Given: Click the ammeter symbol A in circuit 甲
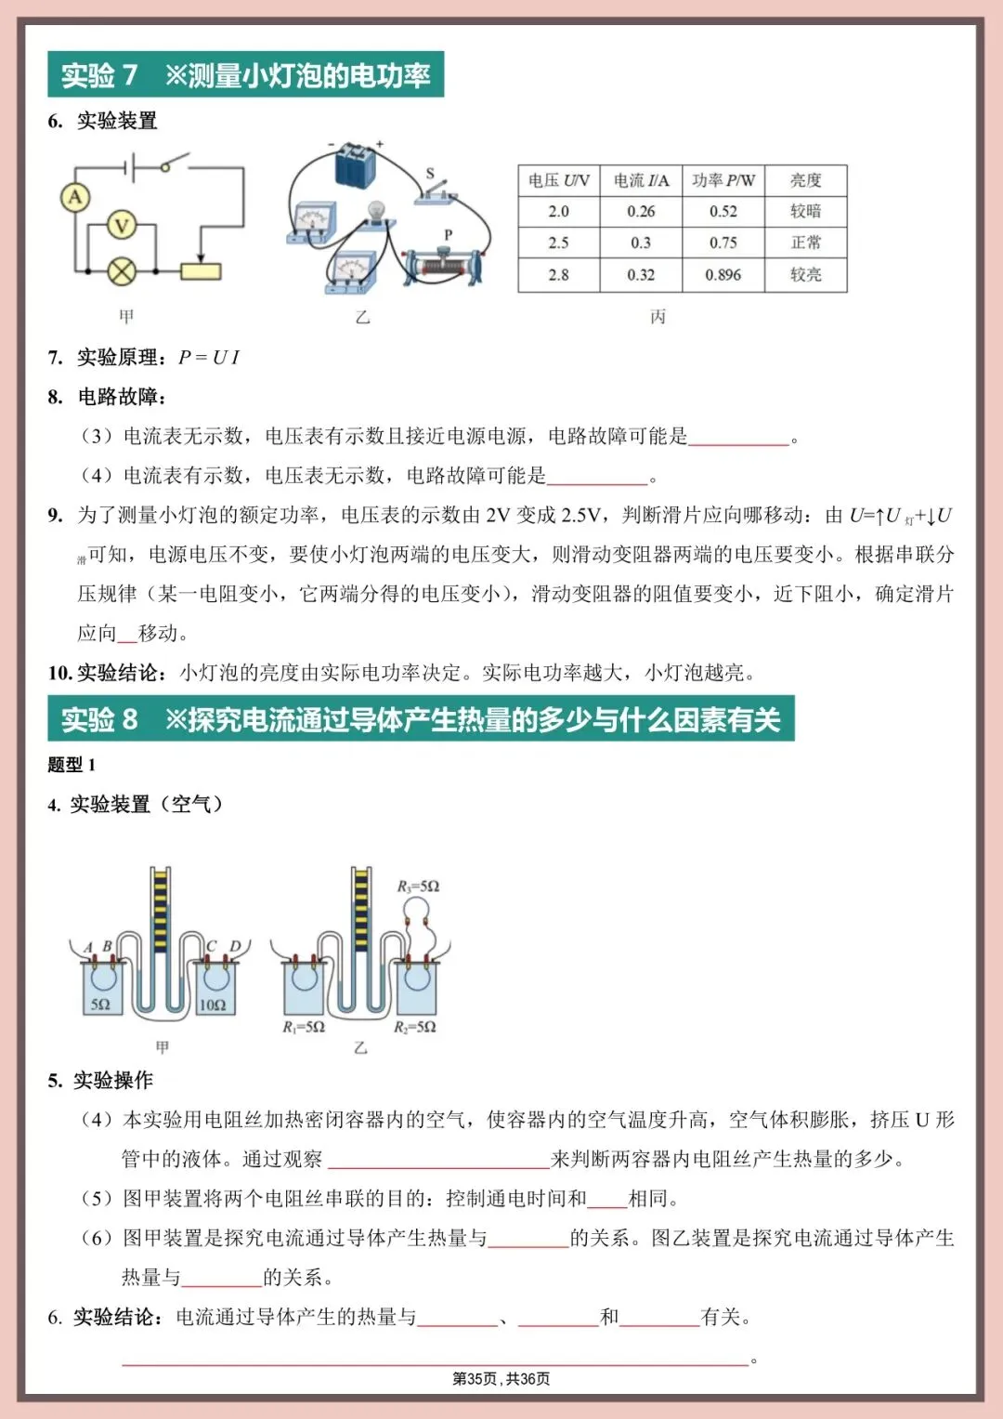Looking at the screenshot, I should (x=74, y=197).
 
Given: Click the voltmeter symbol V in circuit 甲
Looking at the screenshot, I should (x=122, y=225).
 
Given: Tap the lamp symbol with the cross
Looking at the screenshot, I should (x=122, y=271).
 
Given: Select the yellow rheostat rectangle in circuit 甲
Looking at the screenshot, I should (x=201, y=271).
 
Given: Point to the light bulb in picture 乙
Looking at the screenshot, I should (x=375, y=213).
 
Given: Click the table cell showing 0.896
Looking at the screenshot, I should (x=723, y=275).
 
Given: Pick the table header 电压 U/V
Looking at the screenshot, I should (x=558, y=180).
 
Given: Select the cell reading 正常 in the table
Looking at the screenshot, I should (x=805, y=243).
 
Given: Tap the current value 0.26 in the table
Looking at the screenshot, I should (x=641, y=212).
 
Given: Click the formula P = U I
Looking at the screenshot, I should (x=209, y=358).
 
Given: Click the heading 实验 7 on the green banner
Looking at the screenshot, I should (x=99, y=74).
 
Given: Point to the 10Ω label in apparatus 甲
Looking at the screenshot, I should (x=213, y=1005).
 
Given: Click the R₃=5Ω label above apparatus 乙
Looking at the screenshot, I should (x=418, y=887).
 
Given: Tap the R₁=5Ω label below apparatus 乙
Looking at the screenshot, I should (x=304, y=1027).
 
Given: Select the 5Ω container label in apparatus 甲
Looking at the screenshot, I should (x=100, y=1005).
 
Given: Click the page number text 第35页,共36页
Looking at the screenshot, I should (x=501, y=1379).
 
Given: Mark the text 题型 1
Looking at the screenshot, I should (x=72, y=765).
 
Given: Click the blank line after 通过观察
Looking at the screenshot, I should (x=438, y=1160).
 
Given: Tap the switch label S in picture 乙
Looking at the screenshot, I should (x=430, y=174).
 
